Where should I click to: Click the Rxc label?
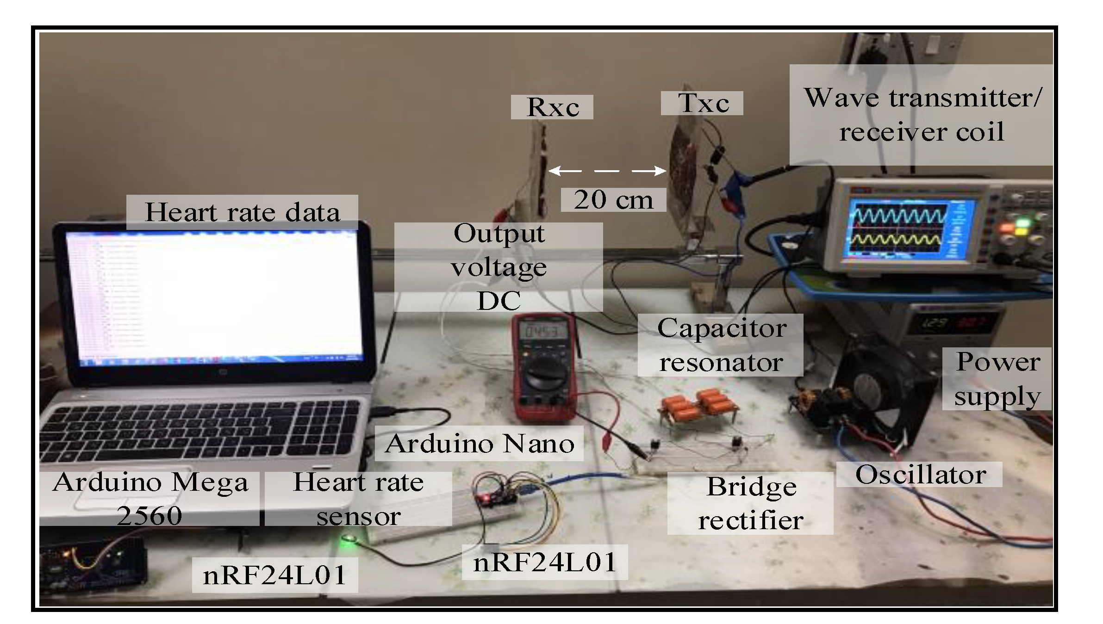point(552,107)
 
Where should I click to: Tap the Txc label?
point(702,103)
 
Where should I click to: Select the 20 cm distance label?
point(613,200)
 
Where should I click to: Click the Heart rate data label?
point(242,212)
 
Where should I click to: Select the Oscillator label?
point(920,475)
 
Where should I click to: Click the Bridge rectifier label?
point(750,503)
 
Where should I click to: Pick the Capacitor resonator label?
point(721,345)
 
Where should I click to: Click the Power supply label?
point(997,379)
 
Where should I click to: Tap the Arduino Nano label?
point(480,444)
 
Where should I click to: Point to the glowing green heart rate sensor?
point(347,538)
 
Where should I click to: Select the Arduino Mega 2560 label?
point(150,499)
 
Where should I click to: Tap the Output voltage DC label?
point(499,267)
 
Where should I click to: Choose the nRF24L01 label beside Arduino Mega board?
point(275,575)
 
